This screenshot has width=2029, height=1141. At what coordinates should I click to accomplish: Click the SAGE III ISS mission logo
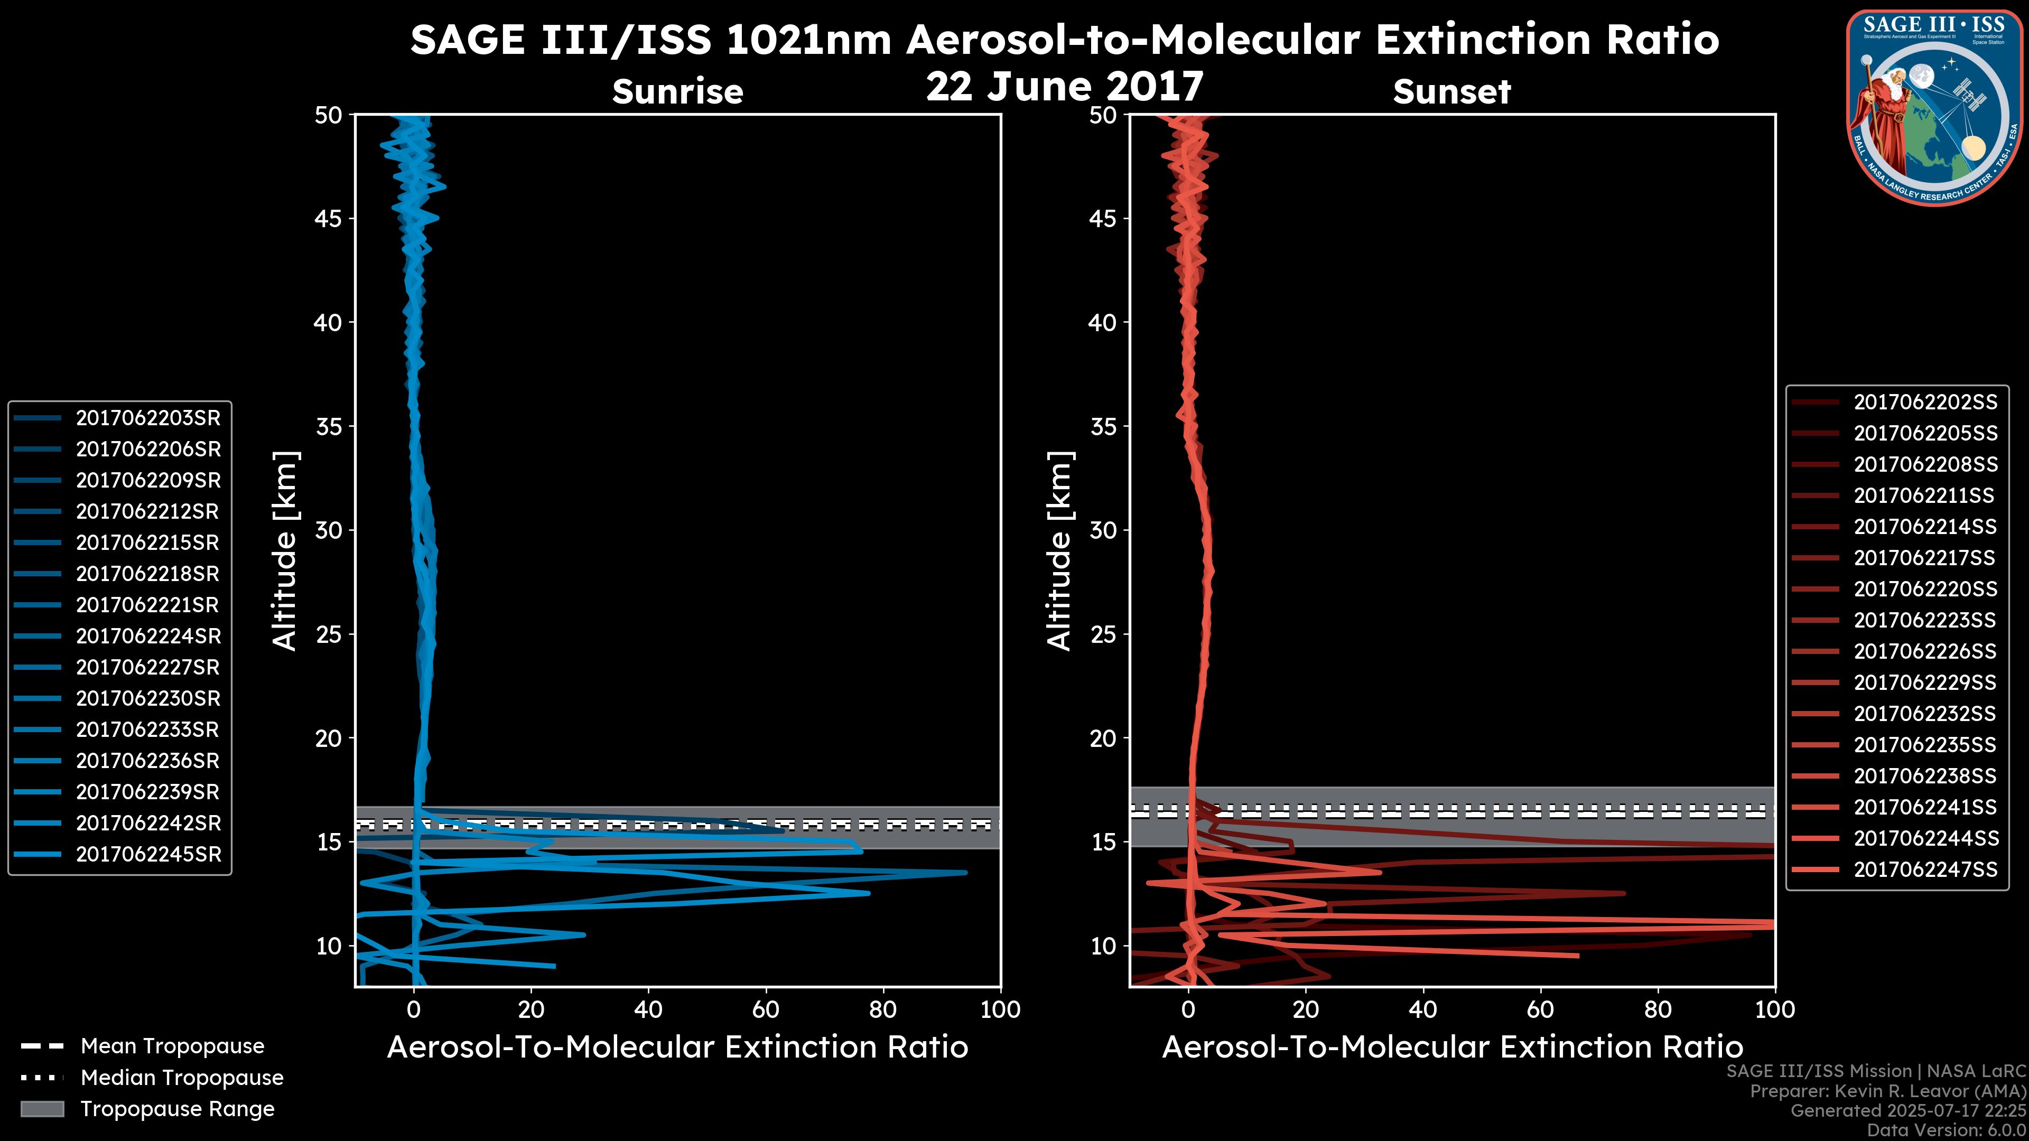(1934, 107)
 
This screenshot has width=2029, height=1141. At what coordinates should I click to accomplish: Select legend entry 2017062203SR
(148, 418)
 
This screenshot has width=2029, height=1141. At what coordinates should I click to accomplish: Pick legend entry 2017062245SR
(148, 854)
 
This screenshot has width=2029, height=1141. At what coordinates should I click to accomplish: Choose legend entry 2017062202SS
(1925, 403)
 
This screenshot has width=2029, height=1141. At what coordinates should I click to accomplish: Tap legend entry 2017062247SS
(1925, 869)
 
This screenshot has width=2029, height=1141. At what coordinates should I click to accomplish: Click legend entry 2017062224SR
(148, 636)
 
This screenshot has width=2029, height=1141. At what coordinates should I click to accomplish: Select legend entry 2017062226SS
(1925, 651)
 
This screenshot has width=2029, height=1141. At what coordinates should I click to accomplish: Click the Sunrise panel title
(677, 92)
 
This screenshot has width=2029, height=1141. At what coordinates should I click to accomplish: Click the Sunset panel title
(1451, 92)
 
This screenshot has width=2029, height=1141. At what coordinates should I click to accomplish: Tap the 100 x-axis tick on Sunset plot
(1775, 1009)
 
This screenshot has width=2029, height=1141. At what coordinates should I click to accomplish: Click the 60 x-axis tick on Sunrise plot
(766, 1009)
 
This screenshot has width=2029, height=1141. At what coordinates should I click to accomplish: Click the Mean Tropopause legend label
(172, 1046)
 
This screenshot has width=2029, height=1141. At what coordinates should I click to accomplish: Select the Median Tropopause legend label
(182, 1078)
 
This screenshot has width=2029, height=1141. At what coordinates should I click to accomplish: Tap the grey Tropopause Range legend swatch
(42, 1109)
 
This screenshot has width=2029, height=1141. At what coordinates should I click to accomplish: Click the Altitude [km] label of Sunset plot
(1059, 551)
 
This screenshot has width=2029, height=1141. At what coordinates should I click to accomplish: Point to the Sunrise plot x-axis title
(677, 1048)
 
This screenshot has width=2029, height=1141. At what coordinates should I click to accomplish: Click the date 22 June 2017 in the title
(1064, 87)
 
